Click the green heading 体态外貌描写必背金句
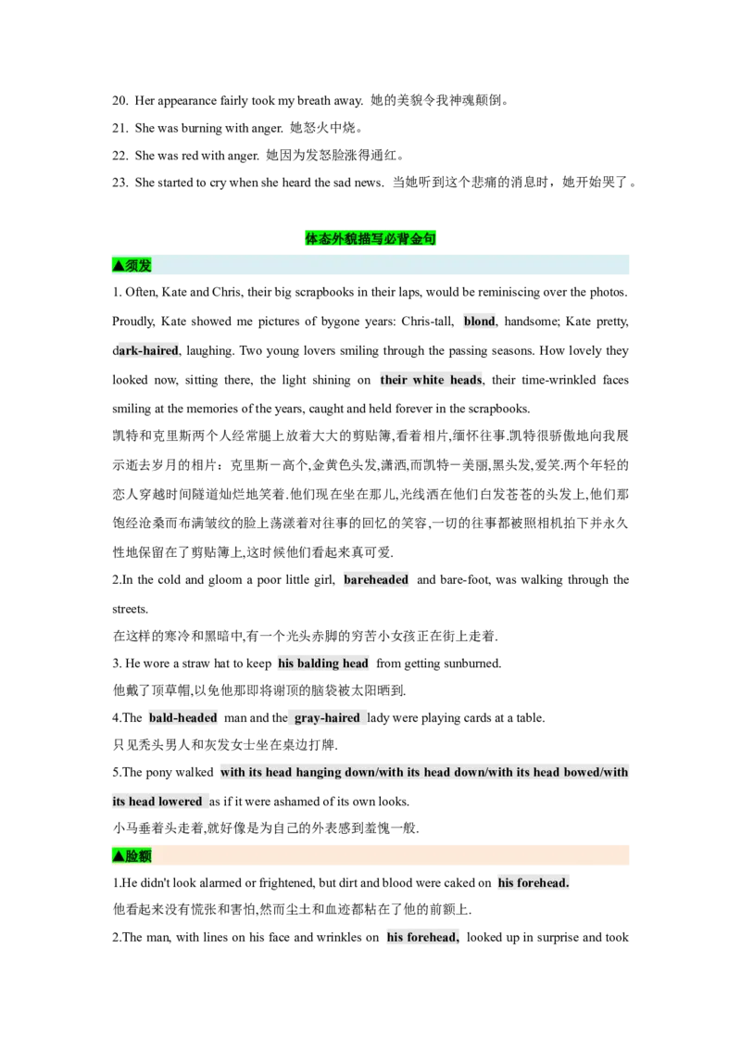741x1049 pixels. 370,238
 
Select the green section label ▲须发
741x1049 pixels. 132,265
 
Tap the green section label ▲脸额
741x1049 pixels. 132,855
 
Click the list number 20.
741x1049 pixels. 120,101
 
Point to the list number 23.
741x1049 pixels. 120,183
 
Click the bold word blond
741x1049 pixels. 480,322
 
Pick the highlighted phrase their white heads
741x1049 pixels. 432,380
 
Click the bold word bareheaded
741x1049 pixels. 376,580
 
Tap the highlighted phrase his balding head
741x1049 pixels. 323,664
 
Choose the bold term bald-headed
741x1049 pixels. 182,718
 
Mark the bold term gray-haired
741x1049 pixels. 327,718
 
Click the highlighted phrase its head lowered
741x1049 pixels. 157,802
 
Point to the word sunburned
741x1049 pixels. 471,664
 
